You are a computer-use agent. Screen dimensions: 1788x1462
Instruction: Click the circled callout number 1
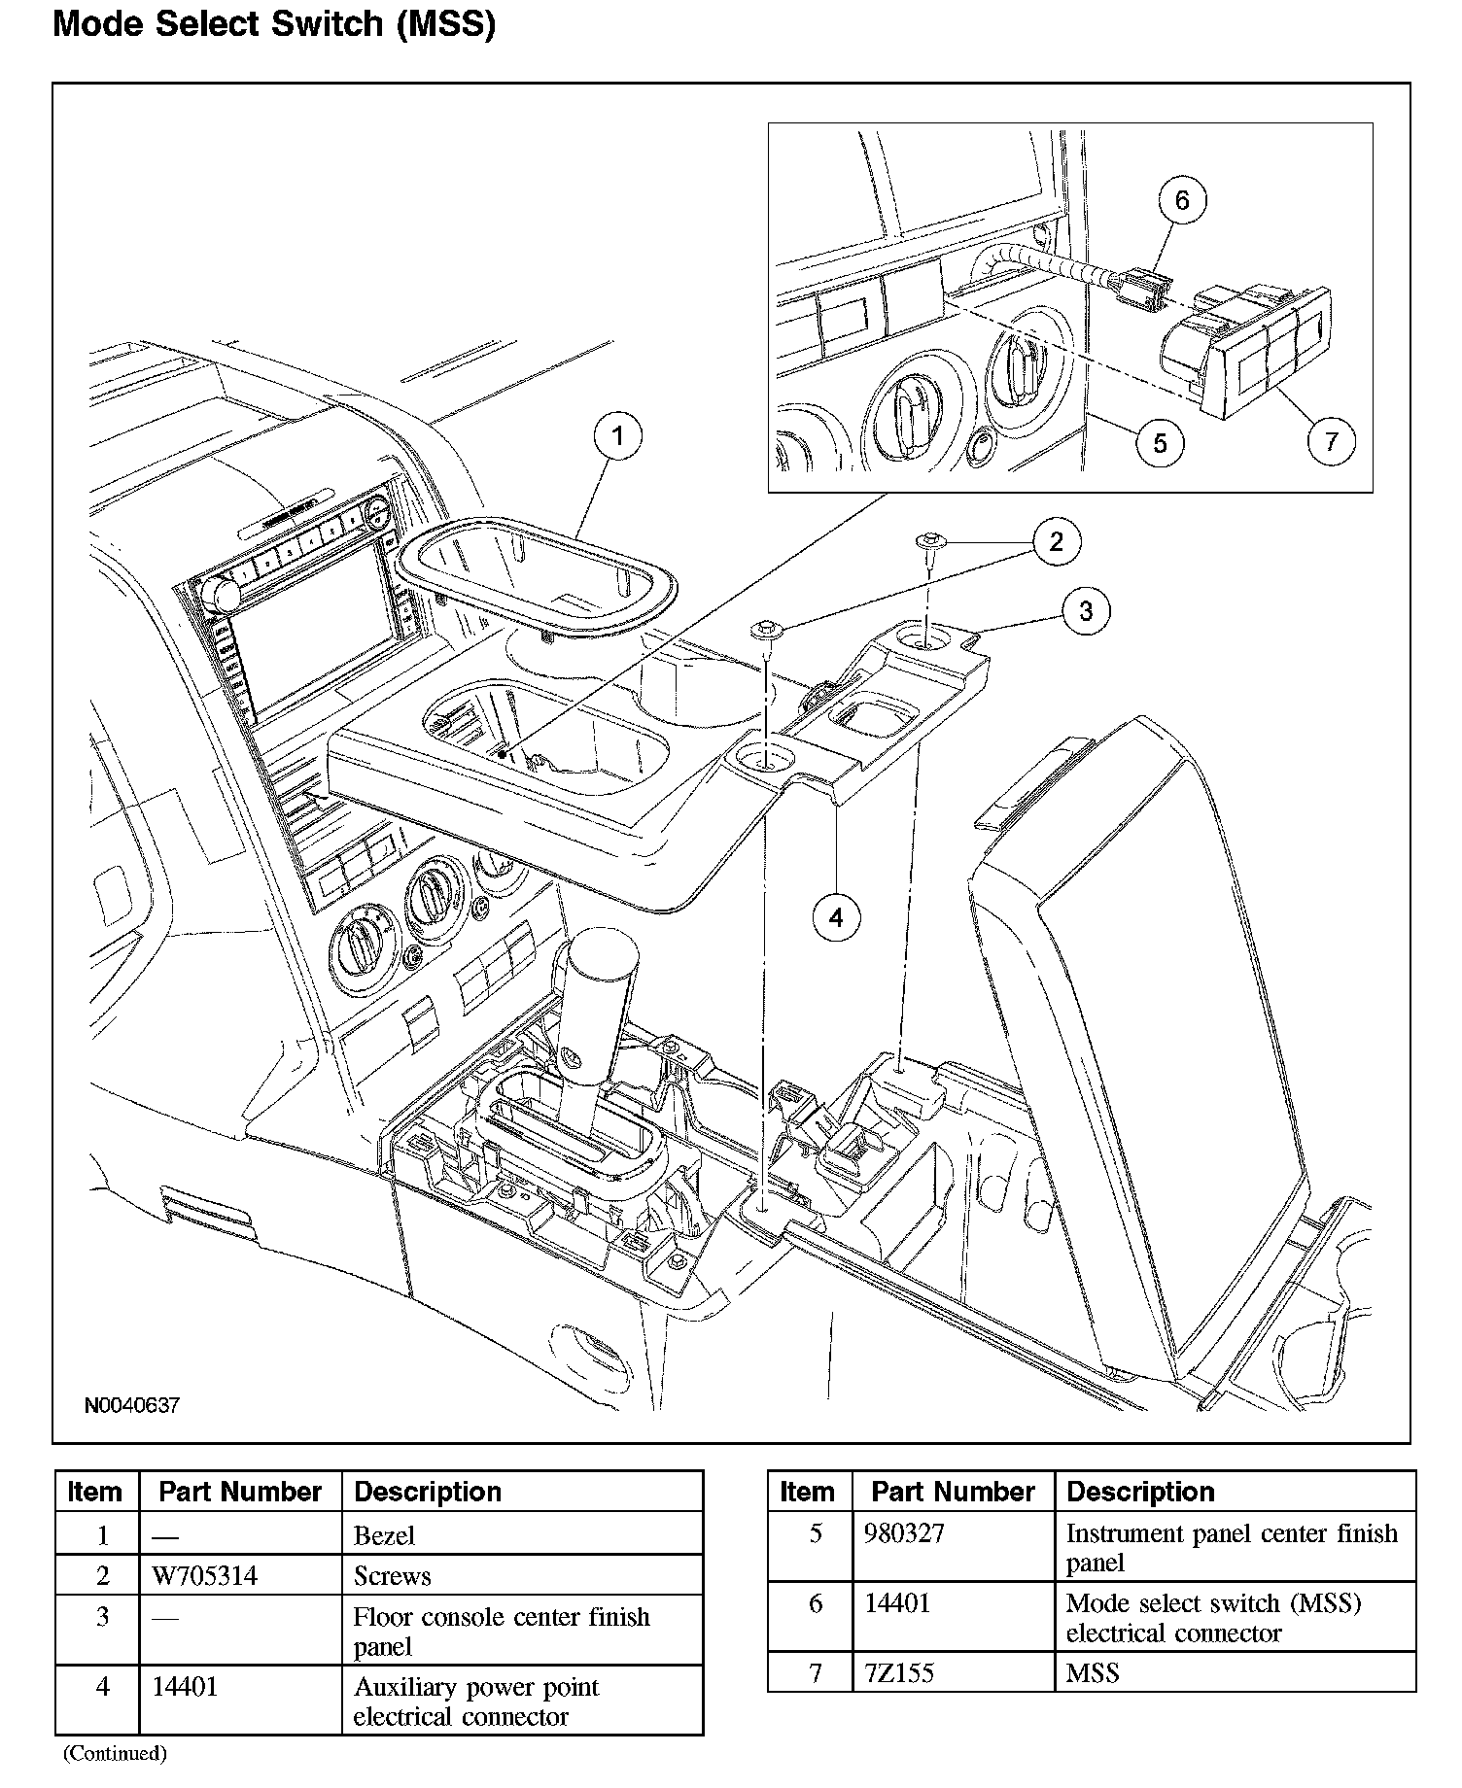pyautogui.click(x=618, y=437)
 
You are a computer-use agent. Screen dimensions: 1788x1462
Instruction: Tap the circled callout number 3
pyautogui.click(x=1086, y=611)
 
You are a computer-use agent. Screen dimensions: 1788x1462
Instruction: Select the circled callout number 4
pyautogui.click(x=837, y=916)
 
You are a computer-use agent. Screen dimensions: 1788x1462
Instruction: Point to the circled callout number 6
pyautogui.click(x=1182, y=200)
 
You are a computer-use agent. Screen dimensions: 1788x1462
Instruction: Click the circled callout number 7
pyautogui.click(x=1331, y=441)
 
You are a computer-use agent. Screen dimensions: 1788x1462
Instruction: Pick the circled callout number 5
pyautogui.click(x=1160, y=443)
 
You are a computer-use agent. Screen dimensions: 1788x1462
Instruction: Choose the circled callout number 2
pyautogui.click(x=1057, y=541)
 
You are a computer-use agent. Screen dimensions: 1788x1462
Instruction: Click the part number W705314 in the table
pyautogui.click(x=205, y=1576)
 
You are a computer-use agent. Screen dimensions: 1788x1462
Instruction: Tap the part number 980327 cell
pyautogui.click(x=904, y=1534)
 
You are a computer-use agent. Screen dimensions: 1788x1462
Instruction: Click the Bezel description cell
pyautogui.click(x=384, y=1536)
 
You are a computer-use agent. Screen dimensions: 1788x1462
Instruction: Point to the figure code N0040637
pyautogui.click(x=131, y=1406)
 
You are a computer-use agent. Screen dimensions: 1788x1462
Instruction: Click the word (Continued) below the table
pyautogui.click(x=115, y=1754)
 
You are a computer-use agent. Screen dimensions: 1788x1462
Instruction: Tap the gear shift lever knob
pyautogui.click(x=594, y=966)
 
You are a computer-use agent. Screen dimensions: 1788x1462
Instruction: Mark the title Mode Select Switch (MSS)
pyautogui.click(x=274, y=24)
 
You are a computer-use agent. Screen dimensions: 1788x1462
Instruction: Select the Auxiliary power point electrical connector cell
pyautogui.click(x=475, y=1702)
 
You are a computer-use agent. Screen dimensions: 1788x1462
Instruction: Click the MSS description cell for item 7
pyautogui.click(x=1093, y=1673)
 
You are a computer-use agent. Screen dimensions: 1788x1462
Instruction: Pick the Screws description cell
pyautogui.click(x=392, y=1576)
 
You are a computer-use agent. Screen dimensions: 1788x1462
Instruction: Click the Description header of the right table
pyautogui.click(x=1140, y=1492)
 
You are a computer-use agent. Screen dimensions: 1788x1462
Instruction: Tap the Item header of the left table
pyautogui.click(x=95, y=1492)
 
